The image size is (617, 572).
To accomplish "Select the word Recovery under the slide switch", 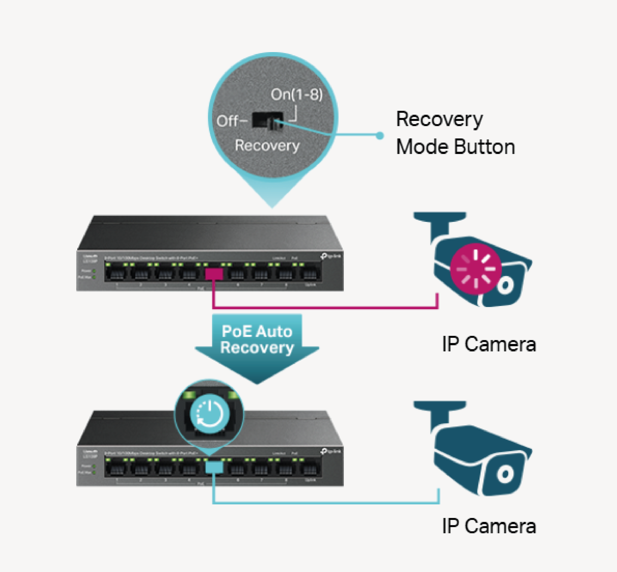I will click(267, 146).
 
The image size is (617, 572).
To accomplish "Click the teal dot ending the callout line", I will click(380, 135).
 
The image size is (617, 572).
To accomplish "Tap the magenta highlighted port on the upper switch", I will click(214, 274).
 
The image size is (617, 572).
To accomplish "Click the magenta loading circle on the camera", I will click(476, 269).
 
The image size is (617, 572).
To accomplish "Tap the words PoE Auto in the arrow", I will click(257, 331).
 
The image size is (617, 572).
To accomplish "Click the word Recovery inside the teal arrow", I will click(257, 348).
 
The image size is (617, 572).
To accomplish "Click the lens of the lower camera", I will click(505, 474).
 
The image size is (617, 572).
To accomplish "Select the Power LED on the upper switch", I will click(94, 271).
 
